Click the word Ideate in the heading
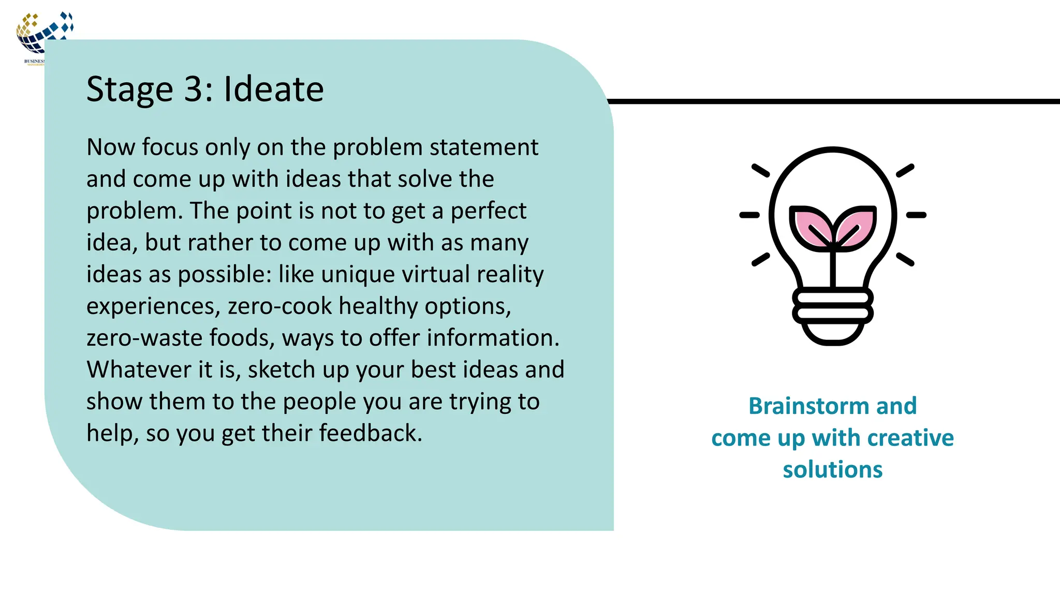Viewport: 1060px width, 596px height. pos(273,89)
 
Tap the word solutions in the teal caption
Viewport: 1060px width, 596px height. pos(832,470)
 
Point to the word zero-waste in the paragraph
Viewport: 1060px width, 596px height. pos(144,338)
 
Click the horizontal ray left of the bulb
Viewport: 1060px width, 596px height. pos(749,215)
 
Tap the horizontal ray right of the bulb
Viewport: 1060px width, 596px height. pos(916,215)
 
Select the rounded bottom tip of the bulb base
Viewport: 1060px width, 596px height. pos(832,339)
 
